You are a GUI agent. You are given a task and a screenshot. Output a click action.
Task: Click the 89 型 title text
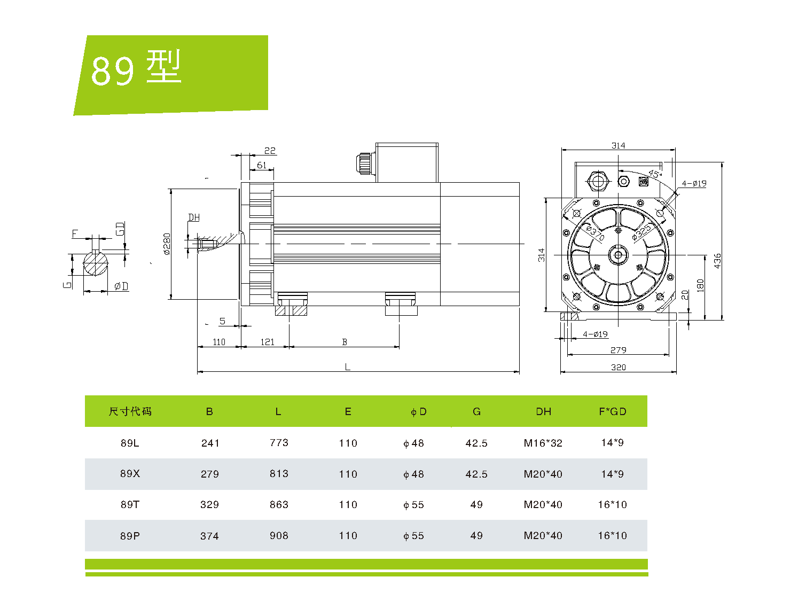click(137, 68)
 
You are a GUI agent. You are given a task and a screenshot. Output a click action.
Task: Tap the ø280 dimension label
click(167, 244)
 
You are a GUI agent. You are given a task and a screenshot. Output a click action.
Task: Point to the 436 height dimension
click(717, 261)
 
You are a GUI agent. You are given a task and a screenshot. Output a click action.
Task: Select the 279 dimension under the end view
click(618, 350)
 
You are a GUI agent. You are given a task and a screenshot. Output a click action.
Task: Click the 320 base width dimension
click(618, 367)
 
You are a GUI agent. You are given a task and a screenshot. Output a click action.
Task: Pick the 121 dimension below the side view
click(267, 342)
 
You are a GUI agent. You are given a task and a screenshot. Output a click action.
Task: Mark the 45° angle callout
click(655, 174)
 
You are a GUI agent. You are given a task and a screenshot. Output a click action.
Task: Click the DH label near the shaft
click(194, 217)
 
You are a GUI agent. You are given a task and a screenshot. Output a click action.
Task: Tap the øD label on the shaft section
click(121, 286)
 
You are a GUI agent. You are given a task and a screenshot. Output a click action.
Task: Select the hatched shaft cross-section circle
click(96, 263)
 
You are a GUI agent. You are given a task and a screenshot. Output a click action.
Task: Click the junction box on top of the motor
click(407, 162)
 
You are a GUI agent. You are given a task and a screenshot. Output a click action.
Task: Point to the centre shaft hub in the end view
click(618, 255)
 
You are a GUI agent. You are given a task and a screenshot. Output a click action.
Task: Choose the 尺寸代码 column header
click(130, 411)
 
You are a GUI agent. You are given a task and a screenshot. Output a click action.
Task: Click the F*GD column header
click(612, 411)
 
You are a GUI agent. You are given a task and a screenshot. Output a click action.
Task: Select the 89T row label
click(130, 504)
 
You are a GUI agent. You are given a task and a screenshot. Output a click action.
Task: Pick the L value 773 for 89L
click(279, 443)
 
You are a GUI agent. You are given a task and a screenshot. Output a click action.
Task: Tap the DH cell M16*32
click(543, 443)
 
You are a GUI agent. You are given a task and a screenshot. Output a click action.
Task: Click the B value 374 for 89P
click(209, 536)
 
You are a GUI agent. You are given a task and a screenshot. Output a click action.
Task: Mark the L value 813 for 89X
click(279, 474)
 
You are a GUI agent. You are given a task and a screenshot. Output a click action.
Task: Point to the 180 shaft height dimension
click(700, 285)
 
